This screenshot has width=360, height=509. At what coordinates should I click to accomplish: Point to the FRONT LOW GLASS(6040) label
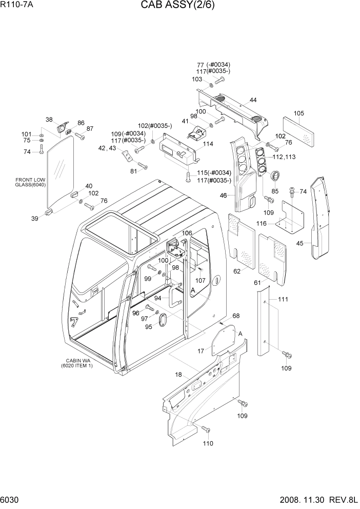tap(31, 182)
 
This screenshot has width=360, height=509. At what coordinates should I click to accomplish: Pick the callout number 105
tap(298, 113)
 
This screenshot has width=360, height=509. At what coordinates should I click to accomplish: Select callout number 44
tap(253, 100)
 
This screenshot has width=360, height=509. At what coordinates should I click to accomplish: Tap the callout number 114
tap(208, 144)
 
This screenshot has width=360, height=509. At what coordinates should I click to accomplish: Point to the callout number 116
tap(262, 224)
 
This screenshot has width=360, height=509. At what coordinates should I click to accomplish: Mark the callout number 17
tap(202, 351)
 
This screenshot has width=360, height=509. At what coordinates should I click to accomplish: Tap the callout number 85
tap(275, 191)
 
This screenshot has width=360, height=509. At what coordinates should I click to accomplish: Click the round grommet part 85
tap(276, 175)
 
